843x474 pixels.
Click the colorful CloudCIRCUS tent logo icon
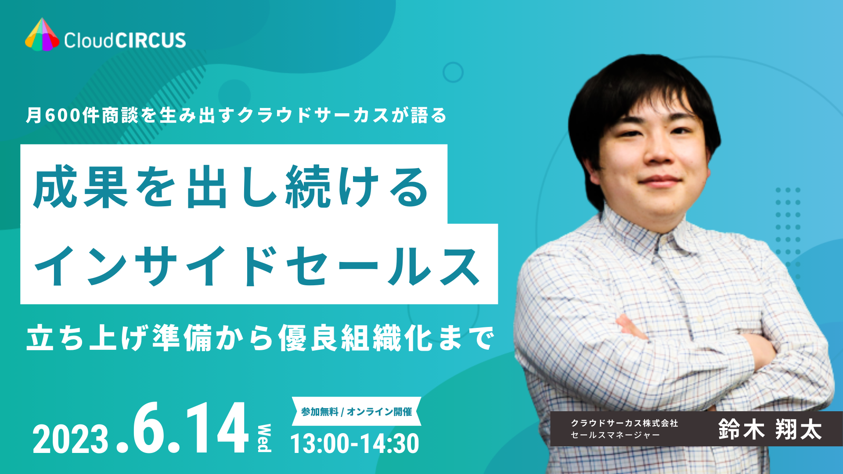[42, 35]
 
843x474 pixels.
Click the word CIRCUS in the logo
[150, 40]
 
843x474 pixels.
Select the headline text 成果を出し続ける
[231, 188]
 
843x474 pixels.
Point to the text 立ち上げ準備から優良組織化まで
[260, 338]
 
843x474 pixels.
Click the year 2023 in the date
[70, 439]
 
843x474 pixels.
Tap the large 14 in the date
[217, 428]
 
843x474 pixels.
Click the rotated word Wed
[264, 438]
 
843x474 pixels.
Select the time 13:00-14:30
[355, 443]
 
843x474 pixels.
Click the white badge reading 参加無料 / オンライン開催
[357, 412]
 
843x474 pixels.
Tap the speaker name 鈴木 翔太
[770, 429]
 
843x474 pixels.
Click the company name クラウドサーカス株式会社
[624, 423]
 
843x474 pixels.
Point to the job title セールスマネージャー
[615, 435]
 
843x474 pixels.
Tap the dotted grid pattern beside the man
[788, 233]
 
